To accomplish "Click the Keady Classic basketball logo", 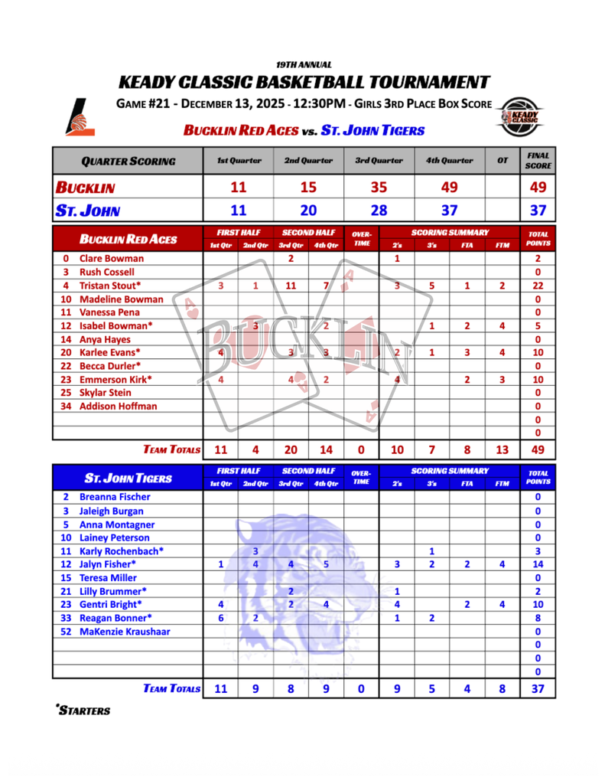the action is [x=519, y=116].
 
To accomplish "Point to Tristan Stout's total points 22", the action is [x=538, y=286].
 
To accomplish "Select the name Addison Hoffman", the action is [x=118, y=406].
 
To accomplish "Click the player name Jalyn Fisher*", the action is [x=112, y=564].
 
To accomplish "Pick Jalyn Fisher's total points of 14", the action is [x=538, y=564].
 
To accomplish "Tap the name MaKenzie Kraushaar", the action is [x=125, y=632].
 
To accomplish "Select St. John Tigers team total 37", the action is [x=538, y=688].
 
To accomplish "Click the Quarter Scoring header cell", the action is [x=128, y=161].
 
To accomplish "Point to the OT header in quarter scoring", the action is [x=502, y=161].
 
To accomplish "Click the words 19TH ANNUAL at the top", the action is [x=303, y=65].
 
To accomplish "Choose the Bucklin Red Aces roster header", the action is [x=128, y=239].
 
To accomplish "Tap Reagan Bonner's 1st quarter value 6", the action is [x=220, y=618].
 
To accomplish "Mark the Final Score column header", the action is [x=538, y=161].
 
